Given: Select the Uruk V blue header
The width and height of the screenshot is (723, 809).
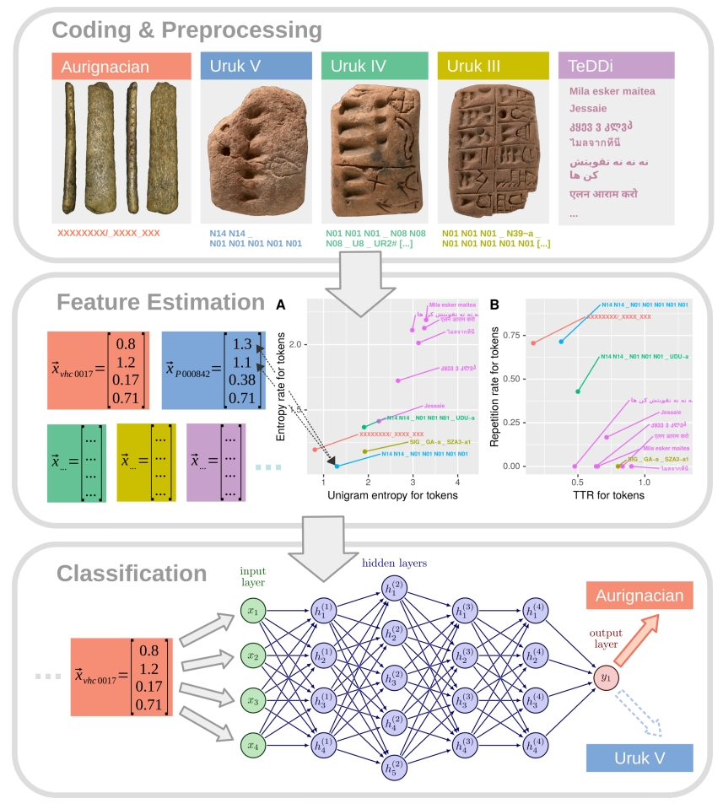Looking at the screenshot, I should tap(256, 66).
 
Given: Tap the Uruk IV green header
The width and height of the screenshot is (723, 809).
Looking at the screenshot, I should tap(375, 66).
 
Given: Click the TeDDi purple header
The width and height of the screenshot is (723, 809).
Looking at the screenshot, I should tap(616, 66).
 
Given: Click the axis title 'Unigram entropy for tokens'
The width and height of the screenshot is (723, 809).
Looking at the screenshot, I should tap(381, 496).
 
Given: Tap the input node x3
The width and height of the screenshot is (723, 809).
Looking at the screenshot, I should tap(252, 700).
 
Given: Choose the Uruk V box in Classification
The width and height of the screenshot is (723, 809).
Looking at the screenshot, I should tap(639, 758).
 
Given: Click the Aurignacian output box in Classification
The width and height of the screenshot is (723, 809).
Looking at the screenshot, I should tap(638, 596).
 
